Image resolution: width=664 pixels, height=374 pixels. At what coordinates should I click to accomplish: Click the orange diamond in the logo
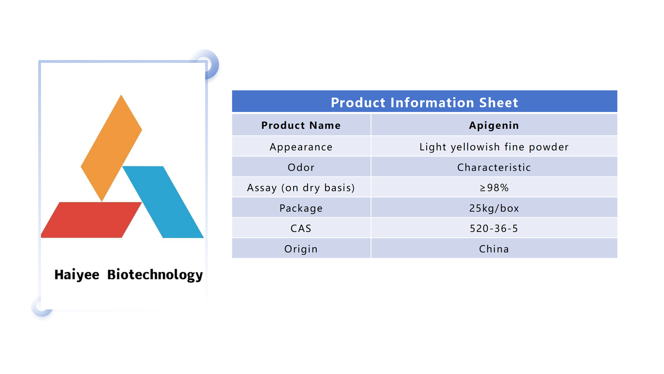pyautogui.click(x=112, y=148)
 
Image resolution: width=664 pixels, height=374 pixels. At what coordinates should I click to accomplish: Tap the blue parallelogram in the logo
pyautogui.click(x=163, y=202)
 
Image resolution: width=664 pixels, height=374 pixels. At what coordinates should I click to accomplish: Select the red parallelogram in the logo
pyautogui.click(x=91, y=220)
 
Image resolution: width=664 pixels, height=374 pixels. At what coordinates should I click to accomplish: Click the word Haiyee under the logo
pyautogui.click(x=77, y=275)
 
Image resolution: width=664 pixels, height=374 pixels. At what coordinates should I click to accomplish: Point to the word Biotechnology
pyautogui.click(x=155, y=275)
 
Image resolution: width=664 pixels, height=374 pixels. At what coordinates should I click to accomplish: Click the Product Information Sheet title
pyautogui.click(x=425, y=102)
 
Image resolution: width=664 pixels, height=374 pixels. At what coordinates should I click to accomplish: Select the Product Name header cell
pyautogui.click(x=301, y=125)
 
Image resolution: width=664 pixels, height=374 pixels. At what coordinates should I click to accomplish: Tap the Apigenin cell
pyautogui.click(x=494, y=125)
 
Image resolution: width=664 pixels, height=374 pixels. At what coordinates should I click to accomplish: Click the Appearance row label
pyautogui.click(x=301, y=147)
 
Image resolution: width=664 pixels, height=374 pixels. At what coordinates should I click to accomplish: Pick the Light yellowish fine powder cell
pyautogui.click(x=494, y=147)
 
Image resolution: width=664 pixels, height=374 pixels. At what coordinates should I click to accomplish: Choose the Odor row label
pyautogui.click(x=301, y=167)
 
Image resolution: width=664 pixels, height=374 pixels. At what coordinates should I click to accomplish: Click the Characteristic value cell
pyautogui.click(x=494, y=167)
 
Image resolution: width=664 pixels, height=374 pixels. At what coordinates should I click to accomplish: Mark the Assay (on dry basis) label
pyautogui.click(x=301, y=188)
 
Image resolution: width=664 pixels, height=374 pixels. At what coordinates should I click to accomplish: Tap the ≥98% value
pyautogui.click(x=494, y=187)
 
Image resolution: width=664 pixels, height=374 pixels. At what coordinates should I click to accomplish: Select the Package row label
pyautogui.click(x=301, y=208)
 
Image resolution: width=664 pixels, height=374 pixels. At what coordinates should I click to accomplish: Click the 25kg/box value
pyautogui.click(x=494, y=208)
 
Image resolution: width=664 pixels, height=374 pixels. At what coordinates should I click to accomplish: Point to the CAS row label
pyautogui.click(x=301, y=229)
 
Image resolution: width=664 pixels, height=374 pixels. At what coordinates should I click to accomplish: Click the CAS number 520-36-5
pyautogui.click(x=494, y=229)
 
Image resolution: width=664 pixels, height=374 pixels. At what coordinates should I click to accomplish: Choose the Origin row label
pyautogui.click(x=301, y=249)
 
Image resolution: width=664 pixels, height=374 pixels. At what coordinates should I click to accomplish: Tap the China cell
pyautogui.click(x=494, y=249)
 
